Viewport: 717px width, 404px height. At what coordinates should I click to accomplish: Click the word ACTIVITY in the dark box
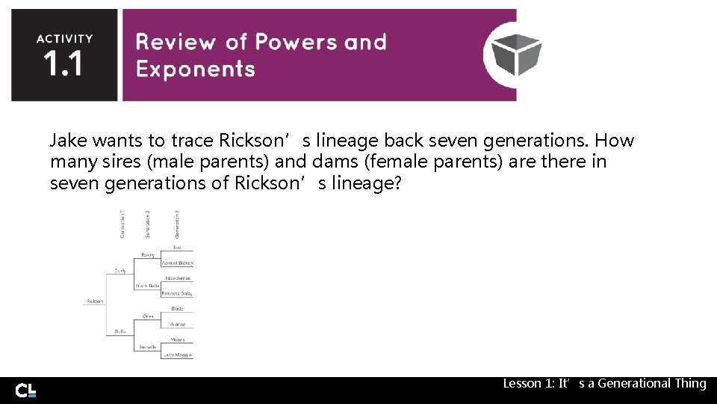65,39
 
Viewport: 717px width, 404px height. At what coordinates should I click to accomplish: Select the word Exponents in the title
196,70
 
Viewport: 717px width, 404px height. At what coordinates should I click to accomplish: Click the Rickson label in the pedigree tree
95,301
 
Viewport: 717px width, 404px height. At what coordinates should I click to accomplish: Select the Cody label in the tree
119,270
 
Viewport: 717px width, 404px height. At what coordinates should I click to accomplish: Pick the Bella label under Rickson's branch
119,331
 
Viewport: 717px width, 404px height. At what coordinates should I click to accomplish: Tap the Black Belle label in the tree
148,286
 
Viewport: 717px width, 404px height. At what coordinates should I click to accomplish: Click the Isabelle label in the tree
147,346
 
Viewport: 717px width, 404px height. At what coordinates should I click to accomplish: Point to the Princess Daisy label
178,294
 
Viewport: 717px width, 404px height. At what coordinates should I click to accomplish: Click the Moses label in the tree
178,340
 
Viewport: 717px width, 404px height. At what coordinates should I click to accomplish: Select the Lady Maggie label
178,355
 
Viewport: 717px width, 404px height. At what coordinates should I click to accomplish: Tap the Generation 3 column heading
177,224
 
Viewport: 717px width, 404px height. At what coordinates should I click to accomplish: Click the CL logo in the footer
26,391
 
